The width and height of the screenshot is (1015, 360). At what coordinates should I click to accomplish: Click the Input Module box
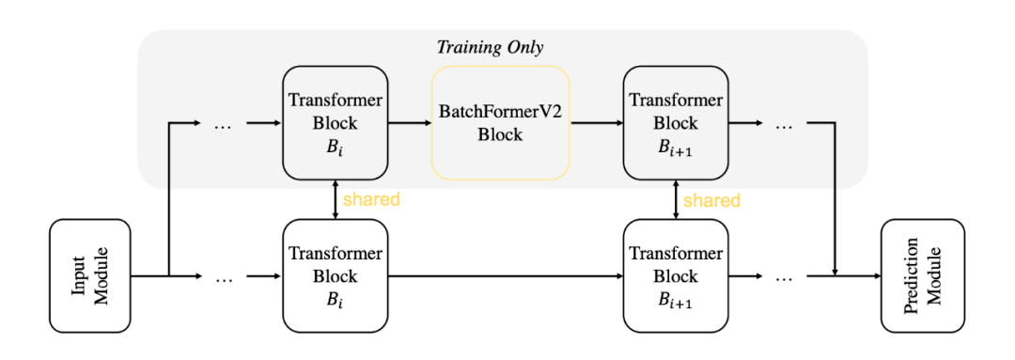90,275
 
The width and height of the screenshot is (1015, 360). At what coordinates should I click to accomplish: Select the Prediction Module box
922,275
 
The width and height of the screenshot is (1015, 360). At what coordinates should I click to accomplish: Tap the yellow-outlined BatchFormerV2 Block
500,122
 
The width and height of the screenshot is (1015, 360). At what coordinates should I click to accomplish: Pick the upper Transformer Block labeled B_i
336,122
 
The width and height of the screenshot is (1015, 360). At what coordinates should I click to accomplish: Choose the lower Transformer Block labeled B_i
336,276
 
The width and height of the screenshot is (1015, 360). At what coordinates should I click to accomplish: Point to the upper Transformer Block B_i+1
676,122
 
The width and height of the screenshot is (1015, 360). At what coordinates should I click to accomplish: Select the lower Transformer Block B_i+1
676,276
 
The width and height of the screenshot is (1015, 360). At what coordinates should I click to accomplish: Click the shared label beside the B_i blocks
371,199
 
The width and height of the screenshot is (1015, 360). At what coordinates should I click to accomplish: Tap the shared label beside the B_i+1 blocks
711,199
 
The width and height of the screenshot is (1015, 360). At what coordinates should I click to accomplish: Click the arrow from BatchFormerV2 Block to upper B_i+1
597,122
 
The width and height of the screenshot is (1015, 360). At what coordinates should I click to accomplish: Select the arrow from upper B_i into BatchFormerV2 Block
410,122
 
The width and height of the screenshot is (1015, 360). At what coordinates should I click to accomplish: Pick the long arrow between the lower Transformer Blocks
506,276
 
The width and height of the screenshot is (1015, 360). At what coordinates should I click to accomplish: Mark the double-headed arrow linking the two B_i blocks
336,199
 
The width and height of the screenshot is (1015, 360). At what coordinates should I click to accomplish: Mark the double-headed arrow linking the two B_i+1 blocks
676,199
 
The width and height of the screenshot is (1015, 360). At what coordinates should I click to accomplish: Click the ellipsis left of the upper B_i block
224,123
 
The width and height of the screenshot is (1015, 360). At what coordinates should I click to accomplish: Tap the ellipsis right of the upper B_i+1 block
784,123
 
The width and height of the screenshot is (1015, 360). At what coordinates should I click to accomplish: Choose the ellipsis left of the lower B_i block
224,277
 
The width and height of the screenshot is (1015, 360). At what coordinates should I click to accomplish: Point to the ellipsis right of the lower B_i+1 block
784,277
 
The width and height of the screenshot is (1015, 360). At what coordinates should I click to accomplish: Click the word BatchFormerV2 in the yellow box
500,112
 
